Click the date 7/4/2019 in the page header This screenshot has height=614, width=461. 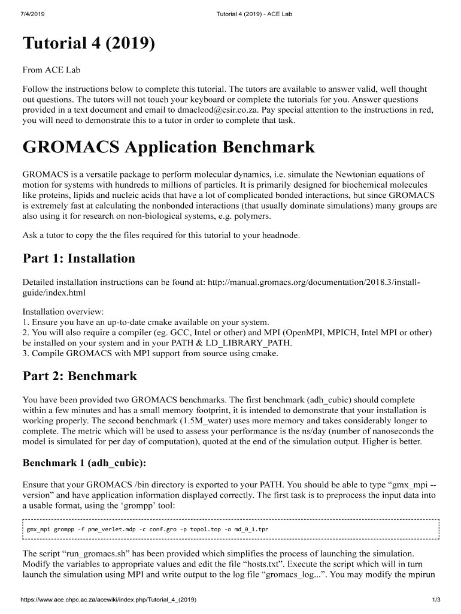pyautogui.click(x=31, y=13)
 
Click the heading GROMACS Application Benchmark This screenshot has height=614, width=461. pyautogui.click(x=168, y=147)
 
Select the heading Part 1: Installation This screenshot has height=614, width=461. pyautogui.click(x=78, y=258)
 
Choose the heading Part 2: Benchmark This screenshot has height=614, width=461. pyautogui.click(x=80, y=376)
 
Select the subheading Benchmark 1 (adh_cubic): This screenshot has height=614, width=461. pyautogui.click(x=84, y=463)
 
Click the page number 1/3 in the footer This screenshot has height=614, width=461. pyautogui.click(x=436, y=600)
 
